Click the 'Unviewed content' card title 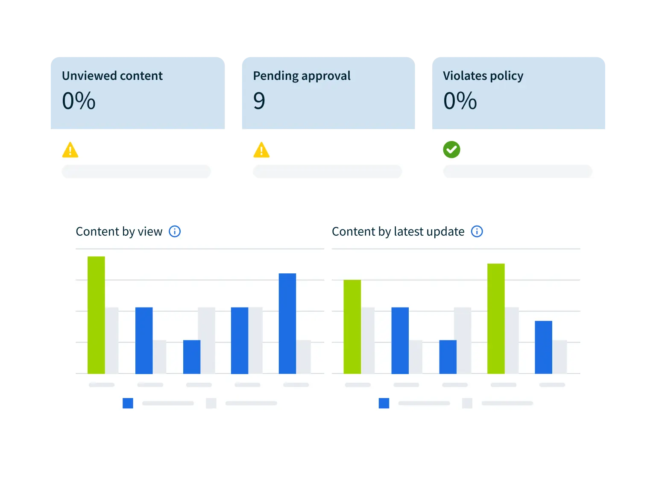112,76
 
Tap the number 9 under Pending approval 259,101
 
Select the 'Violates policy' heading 483,76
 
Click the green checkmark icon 451,150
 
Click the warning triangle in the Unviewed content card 70,150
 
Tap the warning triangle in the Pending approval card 261,150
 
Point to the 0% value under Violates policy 460,101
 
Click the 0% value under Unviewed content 79,101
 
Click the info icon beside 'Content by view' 175,231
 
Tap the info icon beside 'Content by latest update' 477,231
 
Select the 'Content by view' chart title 119,231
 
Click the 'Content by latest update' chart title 398,231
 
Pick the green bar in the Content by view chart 96,315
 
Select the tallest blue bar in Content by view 287,323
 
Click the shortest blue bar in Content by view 192,357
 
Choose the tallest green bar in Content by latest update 496,319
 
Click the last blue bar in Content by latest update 543,347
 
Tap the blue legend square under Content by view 128,403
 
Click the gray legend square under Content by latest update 467,403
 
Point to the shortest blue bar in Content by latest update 448,357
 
